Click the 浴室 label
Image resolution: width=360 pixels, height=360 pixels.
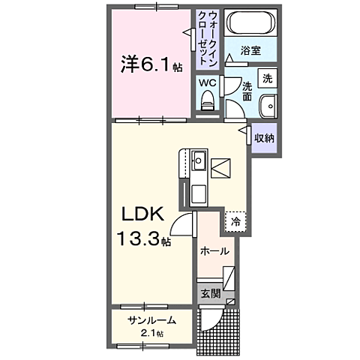pyautogui.click(x=251, y=50)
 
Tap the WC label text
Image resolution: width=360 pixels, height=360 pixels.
pyautogui.click(x=208, y=82)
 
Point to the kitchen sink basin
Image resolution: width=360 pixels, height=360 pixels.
pyautogui.click(x=199, y=160)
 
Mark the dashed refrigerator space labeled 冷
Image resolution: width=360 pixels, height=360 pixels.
pyautogui.click(x=235, y=221)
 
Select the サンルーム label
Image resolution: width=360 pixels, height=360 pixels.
pyautogui.click(x=151, y=319)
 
